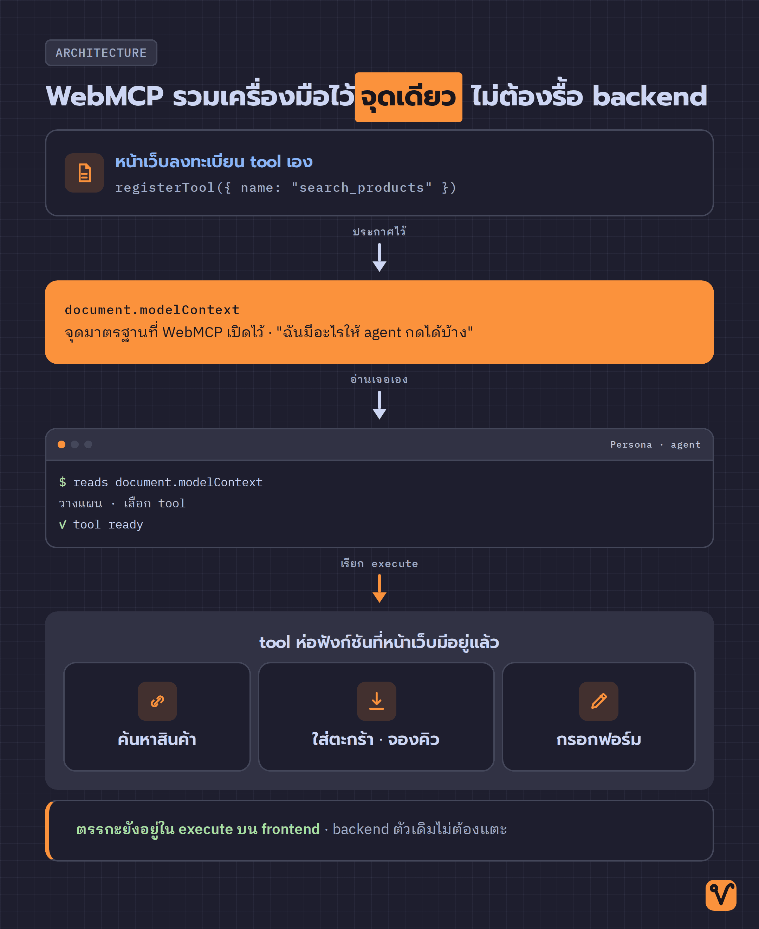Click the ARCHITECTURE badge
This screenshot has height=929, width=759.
(x=101, y=53)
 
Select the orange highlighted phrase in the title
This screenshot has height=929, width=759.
(x=408, y=97)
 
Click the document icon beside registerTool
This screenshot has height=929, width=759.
(x=84, y=173)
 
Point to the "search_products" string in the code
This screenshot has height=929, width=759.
(x=361, y=188)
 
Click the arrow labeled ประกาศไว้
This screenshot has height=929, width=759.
(x=379, y=258)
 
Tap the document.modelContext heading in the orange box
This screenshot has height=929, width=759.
(x=152, y=310)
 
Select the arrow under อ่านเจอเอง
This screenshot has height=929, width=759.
(x=379, y=405)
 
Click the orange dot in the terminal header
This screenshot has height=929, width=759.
(x=61, y=444)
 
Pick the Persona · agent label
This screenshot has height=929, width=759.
(x=655, y=444)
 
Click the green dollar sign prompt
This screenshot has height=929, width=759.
(x=63, y=482)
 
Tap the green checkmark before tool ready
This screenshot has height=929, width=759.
(x=63, y=524)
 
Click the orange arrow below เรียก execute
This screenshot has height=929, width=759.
(x=379, y=589)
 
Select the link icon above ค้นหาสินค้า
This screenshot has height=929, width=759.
(x=157, y=701)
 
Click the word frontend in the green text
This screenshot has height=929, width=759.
(x=290, y=829)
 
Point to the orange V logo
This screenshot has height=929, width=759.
(x=721, y=895)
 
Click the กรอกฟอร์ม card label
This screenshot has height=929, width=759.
(x=598, y=739)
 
